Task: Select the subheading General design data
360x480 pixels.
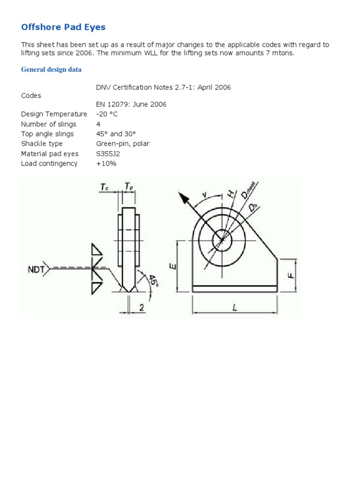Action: pos(51,69)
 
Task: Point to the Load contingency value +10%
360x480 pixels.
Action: pos(106,164)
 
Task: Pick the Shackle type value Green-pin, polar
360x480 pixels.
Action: pos(122,144)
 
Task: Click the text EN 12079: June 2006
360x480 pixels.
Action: pos(131,105)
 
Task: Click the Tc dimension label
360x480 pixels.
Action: pos(105,187)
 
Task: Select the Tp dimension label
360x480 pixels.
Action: pos(128,187)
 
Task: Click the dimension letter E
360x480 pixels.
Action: pos(172,266)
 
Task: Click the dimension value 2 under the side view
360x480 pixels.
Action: pos(141,307)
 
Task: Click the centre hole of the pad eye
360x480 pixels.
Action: pos(222,241)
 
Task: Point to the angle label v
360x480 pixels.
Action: pos(204,195)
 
